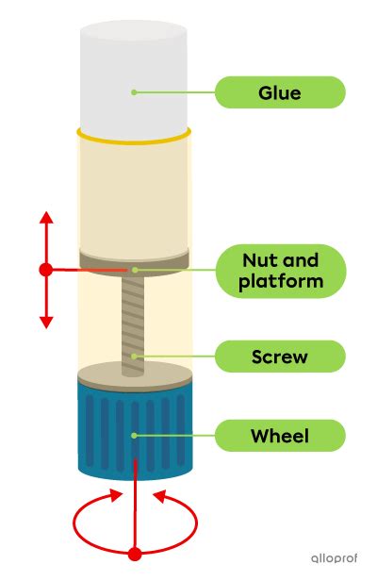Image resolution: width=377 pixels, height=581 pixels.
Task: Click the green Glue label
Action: point(280,92)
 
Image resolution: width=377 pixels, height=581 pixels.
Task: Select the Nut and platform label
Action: point(280,271)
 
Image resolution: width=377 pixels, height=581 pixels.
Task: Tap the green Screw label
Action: point(280,357)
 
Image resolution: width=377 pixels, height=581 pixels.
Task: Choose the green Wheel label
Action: point(280,436)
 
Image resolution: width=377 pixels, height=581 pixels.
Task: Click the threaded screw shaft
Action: point(136,321)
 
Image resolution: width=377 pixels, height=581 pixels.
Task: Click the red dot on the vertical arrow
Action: point(45,270)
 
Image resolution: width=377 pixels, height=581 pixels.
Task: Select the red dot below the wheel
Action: point(136,553)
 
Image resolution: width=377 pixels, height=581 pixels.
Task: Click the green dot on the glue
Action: point(135,92)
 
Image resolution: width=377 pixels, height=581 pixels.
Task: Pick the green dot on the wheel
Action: point(136,436)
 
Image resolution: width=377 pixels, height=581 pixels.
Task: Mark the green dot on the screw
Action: point(136,357)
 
